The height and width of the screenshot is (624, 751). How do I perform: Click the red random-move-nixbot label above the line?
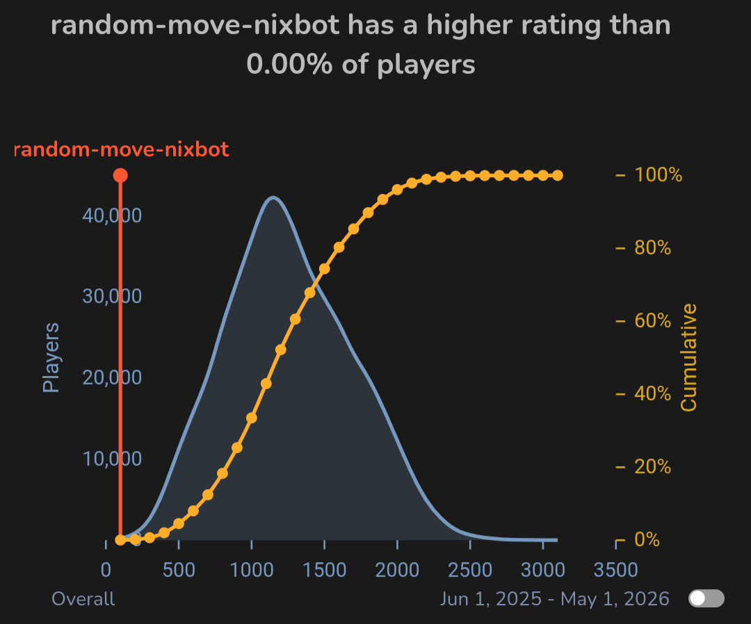(122, 149)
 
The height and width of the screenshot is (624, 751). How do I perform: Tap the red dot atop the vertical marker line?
(120, 175)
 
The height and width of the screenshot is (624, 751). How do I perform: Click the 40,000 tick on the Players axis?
(112, 215)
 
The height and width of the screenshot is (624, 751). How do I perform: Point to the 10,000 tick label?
(112, 459)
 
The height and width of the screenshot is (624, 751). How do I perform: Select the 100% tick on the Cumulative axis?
(658, 174)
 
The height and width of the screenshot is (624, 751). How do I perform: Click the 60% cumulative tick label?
(652, 321)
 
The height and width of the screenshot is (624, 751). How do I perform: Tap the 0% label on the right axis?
(647, 539)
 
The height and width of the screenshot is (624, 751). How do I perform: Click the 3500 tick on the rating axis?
(615, 570)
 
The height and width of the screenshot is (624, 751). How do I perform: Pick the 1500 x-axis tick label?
(324, 570)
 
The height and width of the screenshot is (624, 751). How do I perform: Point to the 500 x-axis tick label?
(179, 570)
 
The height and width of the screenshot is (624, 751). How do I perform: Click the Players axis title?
(51, 357)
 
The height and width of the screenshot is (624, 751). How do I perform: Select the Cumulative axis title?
(688, 357)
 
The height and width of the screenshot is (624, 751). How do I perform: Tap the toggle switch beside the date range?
(706, 598)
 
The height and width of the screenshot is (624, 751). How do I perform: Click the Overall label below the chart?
(83, 599)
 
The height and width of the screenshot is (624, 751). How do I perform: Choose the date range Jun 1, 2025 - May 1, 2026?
(554, 599)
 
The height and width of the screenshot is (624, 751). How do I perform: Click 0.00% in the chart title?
(287, 65)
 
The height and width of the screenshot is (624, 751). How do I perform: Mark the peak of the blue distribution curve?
(273, 197)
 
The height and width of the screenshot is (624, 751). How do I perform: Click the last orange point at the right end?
(557, 175)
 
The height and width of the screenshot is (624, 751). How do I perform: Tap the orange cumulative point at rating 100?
(120, 540)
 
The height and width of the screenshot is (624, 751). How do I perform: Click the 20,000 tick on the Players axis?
(112, 377)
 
